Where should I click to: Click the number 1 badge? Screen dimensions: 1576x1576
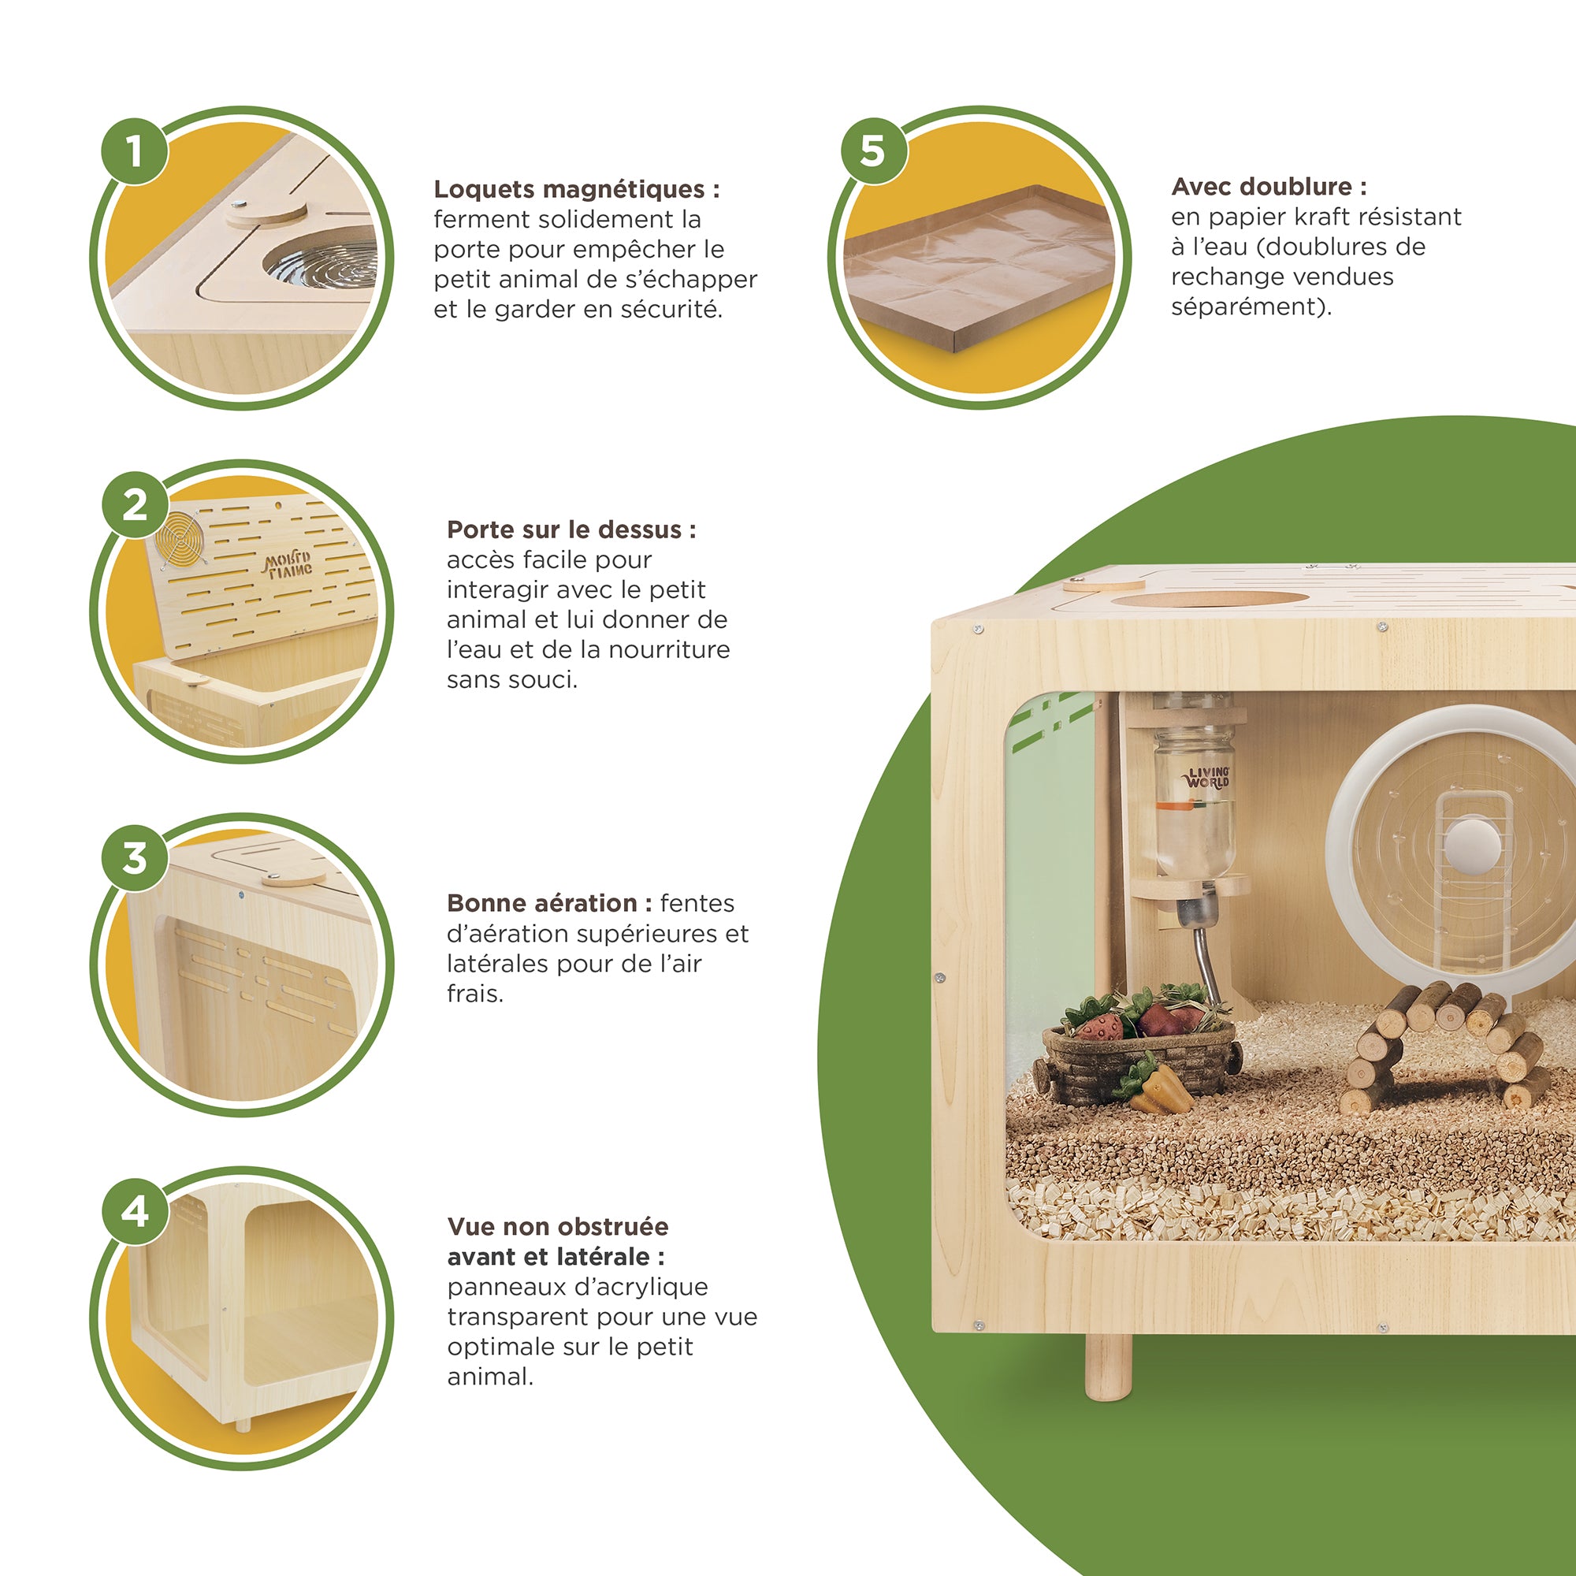pyautogui.click(x=135, y=151)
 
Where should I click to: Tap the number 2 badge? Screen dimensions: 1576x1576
pyautogui.click(x=135, y=504)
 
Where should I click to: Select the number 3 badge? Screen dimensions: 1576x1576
pyautogui.click(x=135, y=857)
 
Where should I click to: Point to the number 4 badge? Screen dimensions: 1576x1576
pyautogui.click(x=135, y=1210)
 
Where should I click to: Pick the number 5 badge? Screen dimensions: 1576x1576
pyautogui.click(x=874, y=151)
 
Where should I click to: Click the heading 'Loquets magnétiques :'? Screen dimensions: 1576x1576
pyautogui.click(x=577, y=189)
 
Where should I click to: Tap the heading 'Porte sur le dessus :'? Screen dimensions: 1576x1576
pyautogui.click(x=571, y=530)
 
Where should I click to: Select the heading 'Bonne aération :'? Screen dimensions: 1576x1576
pyautogui.click(x=549, y=903)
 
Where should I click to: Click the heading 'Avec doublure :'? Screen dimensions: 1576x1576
pyautogui.click(x=1269, y=187)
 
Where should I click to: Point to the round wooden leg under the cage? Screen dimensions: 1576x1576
pyautogui.click(x=1109, y=1366)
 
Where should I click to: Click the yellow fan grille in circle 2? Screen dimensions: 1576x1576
pyautogui.click(x=180, y=540)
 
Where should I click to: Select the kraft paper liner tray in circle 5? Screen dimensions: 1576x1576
pyautogui.click(x=979, y=268)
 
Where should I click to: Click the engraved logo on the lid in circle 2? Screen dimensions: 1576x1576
pyautogui.click(x=287, y=564)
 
